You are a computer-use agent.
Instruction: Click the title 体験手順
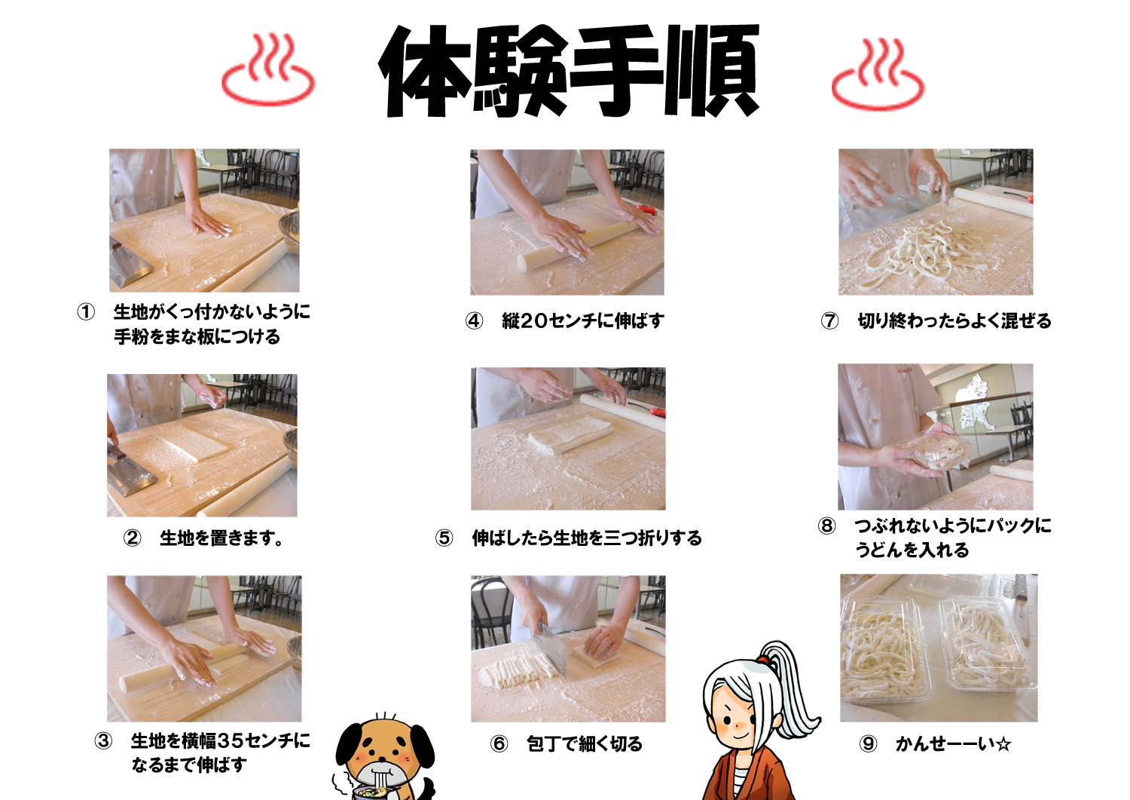569,71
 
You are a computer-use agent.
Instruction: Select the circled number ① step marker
86,311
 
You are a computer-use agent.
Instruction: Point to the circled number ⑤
444,538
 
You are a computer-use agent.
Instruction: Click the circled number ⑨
868,744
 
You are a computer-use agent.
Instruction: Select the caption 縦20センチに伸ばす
582,320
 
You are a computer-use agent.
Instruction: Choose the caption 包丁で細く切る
584,744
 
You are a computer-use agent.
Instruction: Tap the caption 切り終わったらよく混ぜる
954,320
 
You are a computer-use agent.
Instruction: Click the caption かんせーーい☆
954,744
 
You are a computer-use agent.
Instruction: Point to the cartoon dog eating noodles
384,758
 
